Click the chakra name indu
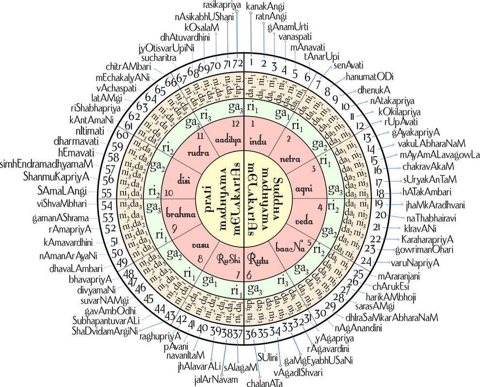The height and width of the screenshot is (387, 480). tap(258, 142)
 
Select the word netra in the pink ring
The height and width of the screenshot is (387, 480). tap(290, 159)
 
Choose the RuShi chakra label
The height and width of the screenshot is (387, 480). tap(228, 260)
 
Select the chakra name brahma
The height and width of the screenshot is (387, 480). tap(180, 214)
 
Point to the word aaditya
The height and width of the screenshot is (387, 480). tap(227, 139)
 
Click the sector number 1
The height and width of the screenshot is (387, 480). tap(253, 124)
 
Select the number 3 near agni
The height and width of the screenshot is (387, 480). tap(314, 168)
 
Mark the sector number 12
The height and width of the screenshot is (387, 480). tap(235, 124)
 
